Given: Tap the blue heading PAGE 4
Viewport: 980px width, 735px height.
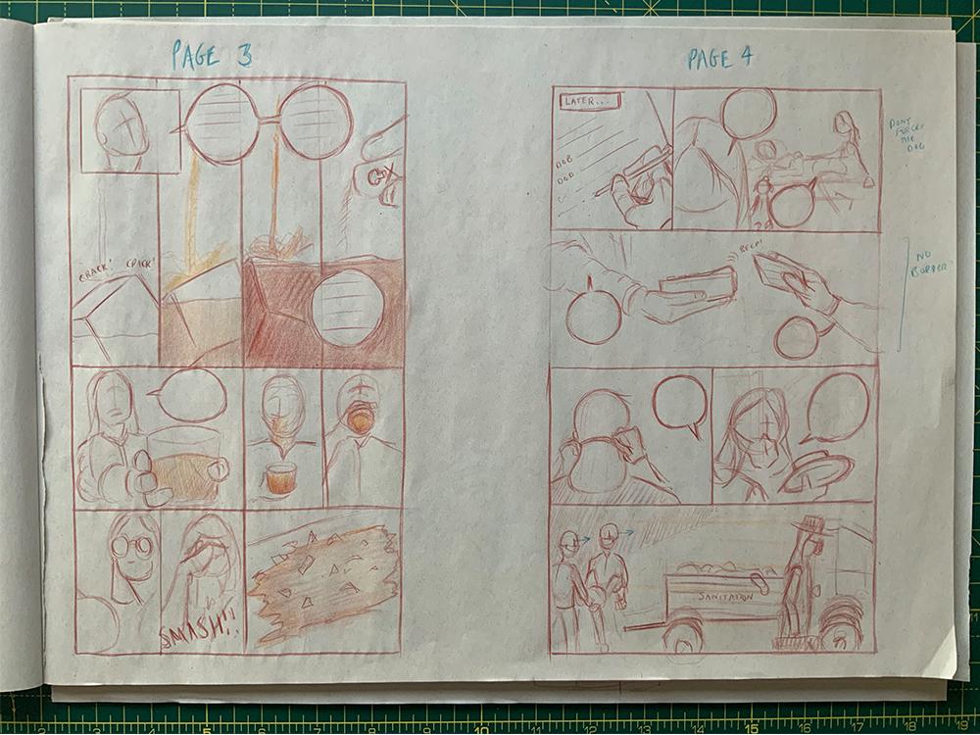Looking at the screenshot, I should click(x=719, y=58).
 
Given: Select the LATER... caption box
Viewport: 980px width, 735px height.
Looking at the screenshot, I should click(x=589, y=101).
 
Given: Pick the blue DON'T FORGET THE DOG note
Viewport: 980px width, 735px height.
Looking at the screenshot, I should click(x=908, y=136).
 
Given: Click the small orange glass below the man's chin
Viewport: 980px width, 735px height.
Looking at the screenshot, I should click(x=280, y=477).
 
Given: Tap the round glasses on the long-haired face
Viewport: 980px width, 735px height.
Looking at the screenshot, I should click(x=132, y=546).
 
